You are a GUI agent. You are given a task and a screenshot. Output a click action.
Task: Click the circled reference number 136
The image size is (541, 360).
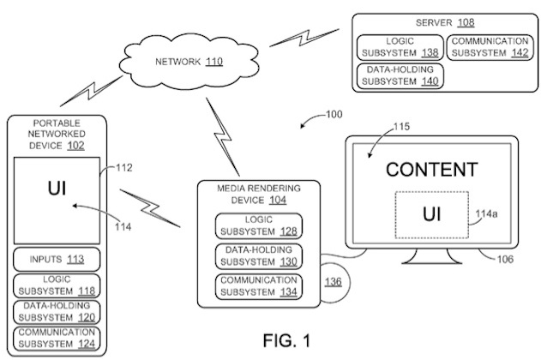333,281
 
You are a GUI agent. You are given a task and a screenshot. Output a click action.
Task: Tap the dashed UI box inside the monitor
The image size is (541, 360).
431,213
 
